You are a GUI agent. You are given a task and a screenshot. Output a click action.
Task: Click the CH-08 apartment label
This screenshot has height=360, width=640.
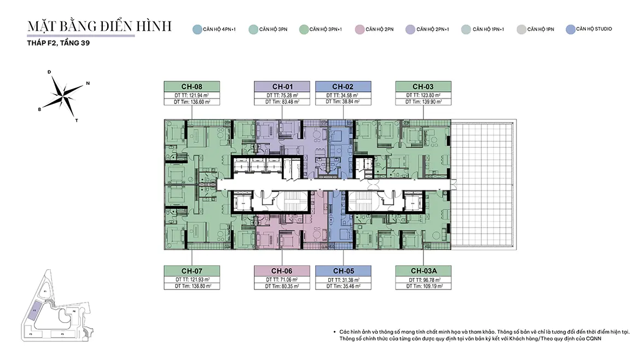[192, 86]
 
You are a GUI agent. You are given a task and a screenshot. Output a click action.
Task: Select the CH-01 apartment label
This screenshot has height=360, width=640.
[282, 86]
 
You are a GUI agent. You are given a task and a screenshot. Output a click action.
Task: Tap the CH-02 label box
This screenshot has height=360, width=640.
[343, 86]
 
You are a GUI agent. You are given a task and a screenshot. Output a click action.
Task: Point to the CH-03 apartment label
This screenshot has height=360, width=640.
[423, 86]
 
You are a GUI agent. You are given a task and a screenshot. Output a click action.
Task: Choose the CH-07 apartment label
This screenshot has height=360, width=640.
[192, 271]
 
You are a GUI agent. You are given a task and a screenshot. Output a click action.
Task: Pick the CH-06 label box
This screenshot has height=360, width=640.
[282, 271]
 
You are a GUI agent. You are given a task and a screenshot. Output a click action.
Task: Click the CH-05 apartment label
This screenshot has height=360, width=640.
[343, 271]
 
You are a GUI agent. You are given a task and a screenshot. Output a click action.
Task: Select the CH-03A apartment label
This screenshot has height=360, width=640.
[423, 271]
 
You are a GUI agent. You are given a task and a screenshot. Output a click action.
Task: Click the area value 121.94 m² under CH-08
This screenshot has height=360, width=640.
[197, 95]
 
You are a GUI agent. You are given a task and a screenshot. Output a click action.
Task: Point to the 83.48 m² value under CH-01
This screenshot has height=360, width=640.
[287, 102]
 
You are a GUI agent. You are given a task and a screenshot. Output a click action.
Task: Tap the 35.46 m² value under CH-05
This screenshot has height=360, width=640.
[348, 286]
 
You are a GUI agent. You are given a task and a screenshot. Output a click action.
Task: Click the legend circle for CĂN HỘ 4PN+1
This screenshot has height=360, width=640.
[197, 30]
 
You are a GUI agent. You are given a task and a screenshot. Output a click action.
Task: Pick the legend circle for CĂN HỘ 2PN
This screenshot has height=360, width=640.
[359, 30]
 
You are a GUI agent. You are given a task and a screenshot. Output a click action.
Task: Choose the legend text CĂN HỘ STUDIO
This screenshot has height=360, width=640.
[595, 29]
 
